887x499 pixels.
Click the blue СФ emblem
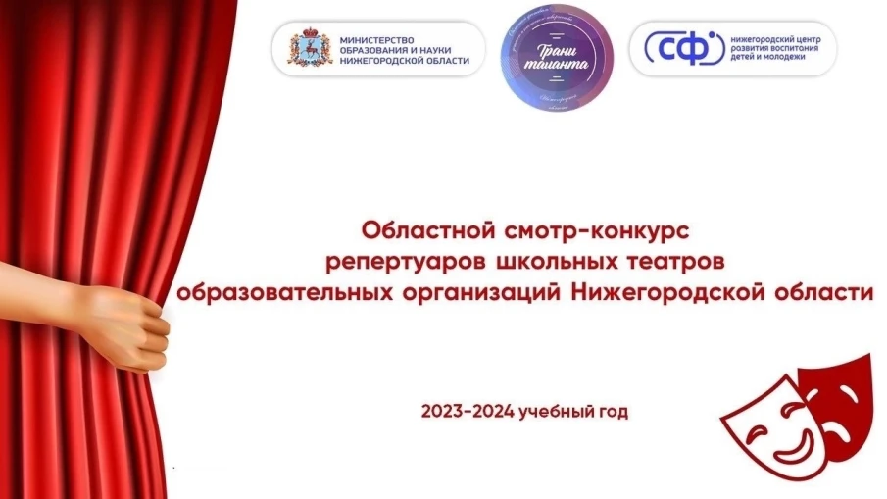[678, 47]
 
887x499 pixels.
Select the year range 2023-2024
[467, 411]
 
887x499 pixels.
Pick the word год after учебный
[613, 411]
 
